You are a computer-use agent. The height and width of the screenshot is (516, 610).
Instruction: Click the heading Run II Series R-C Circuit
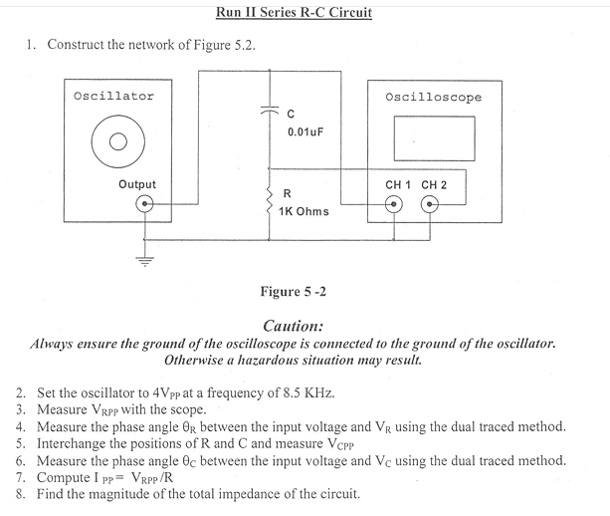294,13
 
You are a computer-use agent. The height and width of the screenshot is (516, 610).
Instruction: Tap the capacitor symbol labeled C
268,113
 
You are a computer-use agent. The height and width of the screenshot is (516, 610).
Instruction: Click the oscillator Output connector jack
145,205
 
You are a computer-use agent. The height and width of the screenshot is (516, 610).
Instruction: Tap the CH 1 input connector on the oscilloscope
395,205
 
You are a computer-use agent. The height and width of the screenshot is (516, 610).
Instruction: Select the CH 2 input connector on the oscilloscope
431,205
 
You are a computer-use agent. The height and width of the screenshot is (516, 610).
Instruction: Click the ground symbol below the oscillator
145,262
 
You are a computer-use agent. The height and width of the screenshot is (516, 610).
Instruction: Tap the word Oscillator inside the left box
114,96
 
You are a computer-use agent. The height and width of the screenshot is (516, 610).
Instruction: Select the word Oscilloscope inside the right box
433,97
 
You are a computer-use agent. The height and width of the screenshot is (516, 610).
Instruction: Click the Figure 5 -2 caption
293,292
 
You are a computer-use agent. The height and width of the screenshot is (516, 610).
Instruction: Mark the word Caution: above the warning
294,326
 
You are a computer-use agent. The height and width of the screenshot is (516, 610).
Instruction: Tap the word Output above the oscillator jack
136,184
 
